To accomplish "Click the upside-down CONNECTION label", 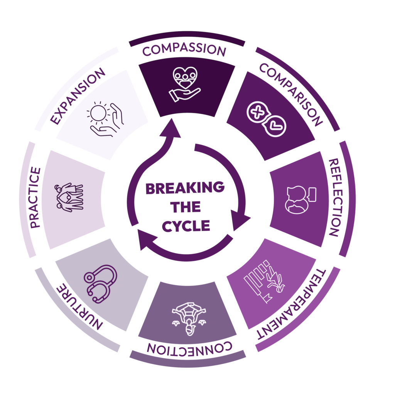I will tap(189, 347).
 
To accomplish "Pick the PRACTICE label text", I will tap(35, 197).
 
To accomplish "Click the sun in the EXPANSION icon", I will tap(99, 113).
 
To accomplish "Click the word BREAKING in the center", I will tap(185, 188).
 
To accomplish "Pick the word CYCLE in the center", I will tap(186, 225).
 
